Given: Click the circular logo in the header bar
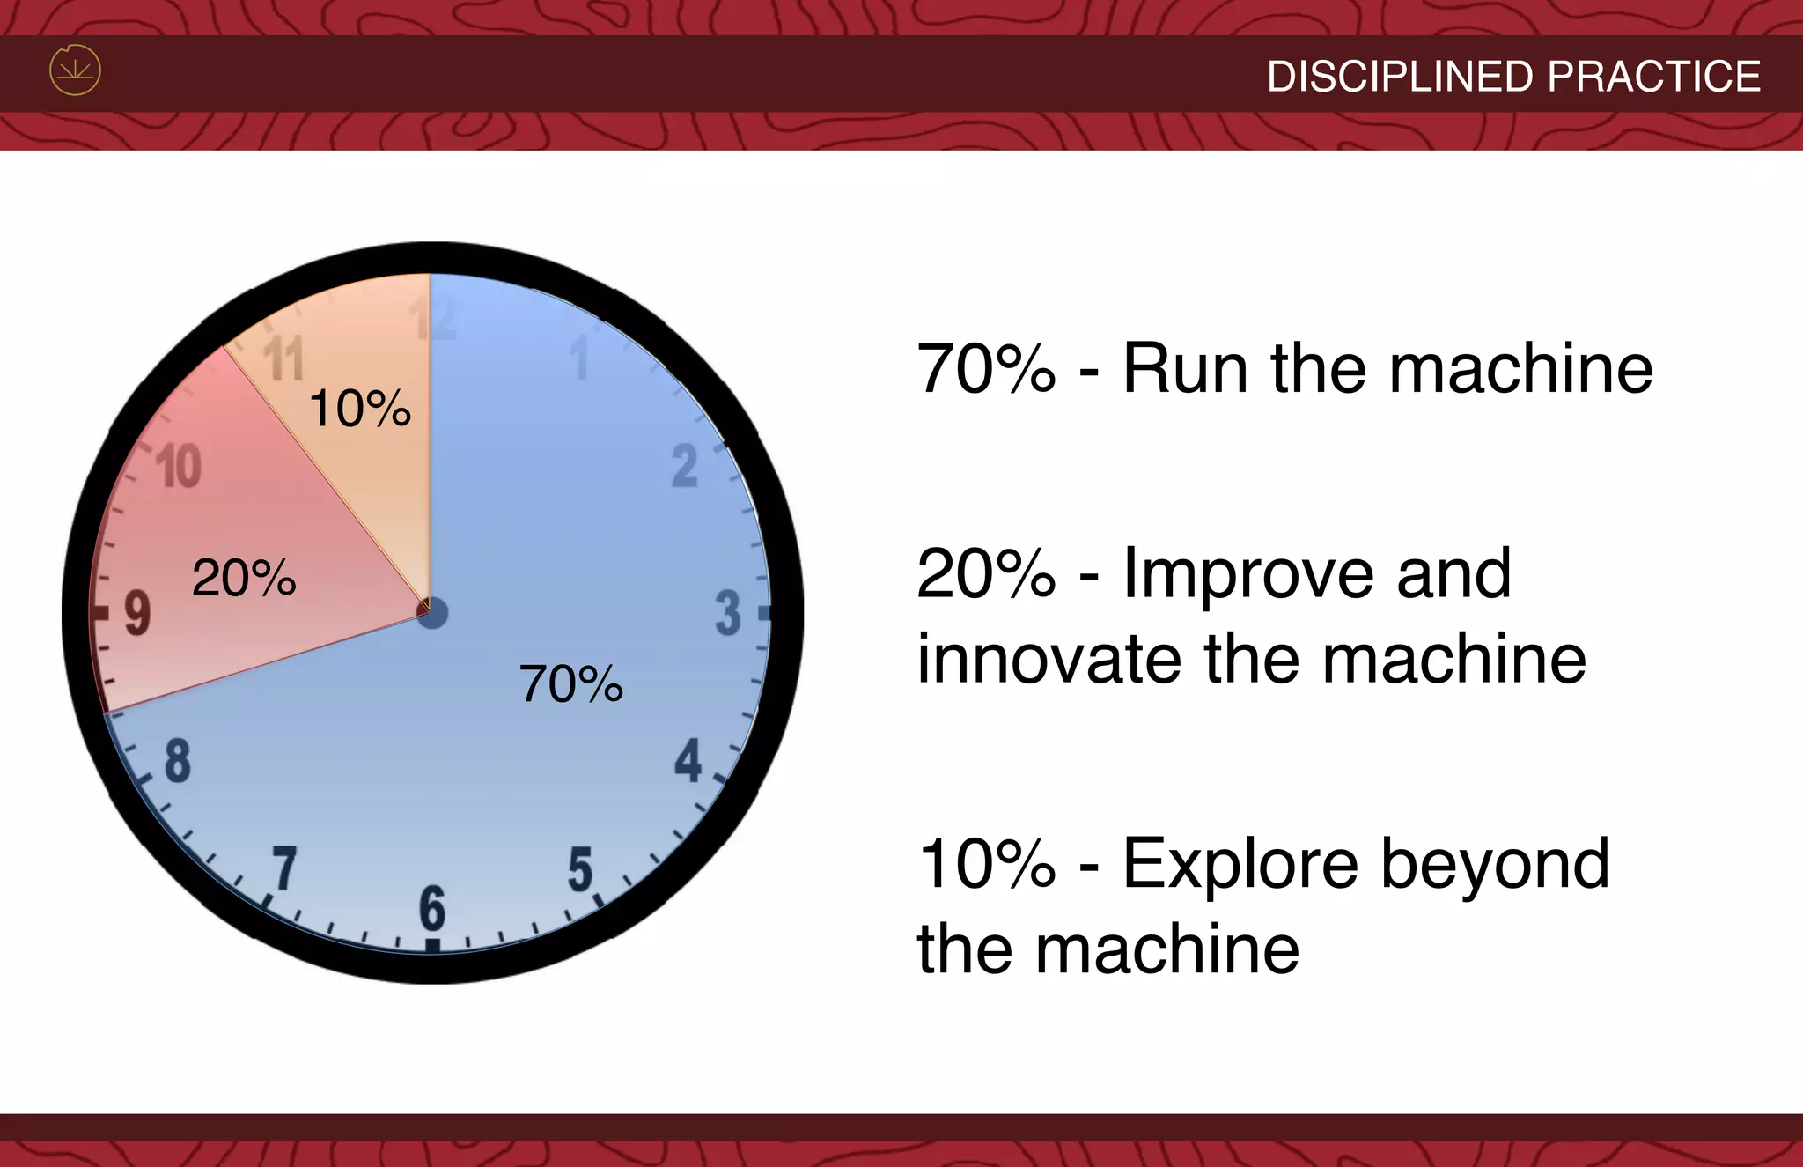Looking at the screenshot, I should (75, 70).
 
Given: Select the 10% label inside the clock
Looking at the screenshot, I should (360, 410).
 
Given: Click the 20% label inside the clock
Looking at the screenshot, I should (244, 579).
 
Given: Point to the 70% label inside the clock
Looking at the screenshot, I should (571, 684).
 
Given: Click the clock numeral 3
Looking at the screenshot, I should (728, 613).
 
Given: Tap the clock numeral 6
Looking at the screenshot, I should (432, 909).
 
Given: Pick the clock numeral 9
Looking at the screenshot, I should (137, 613).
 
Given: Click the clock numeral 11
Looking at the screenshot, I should (283, 358).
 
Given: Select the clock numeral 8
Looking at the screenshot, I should (177, 761).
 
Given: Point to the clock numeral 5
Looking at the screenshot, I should (580, 869).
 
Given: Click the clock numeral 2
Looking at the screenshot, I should (684, 466).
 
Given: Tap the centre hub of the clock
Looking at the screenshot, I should (431, 613).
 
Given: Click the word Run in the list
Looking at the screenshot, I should (1185, 369).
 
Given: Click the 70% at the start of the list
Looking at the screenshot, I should (986, 369).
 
